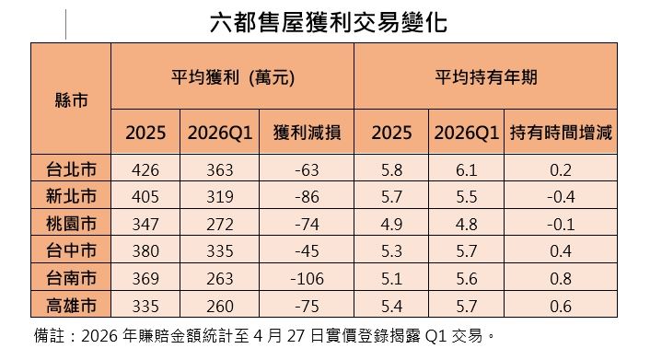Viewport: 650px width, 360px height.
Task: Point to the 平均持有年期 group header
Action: [x=485, y=78]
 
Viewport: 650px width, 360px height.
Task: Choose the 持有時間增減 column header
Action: [x=561, y=133]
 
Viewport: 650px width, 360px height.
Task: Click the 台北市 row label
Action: [x=72, y=169]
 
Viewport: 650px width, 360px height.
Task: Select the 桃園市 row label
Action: [x=72, y=224]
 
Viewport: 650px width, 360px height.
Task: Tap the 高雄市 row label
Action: [x=72, y=307]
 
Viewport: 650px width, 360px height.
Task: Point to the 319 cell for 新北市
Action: [x=220, y=197]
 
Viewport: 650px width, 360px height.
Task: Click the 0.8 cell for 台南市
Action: [x=561, y=279]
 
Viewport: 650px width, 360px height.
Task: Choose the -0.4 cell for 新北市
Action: [x=561, y=197]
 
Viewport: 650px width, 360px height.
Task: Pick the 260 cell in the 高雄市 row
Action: [x=220, y=307]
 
